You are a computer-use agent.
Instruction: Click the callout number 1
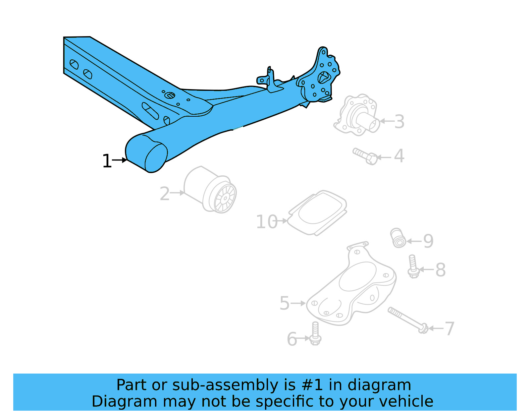click(107, 161)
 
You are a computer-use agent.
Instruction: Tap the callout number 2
click(164, 194)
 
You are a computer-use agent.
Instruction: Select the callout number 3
click(399, 122)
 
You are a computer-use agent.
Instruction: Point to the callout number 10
click(267, 222)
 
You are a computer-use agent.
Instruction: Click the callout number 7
click(449, 328)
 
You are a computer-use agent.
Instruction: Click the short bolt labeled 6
click(315, 333)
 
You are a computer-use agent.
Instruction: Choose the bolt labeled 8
click(412, 266)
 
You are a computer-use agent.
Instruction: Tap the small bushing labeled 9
click(398, 238)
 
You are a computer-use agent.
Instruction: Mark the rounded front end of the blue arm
click(147, 154)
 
